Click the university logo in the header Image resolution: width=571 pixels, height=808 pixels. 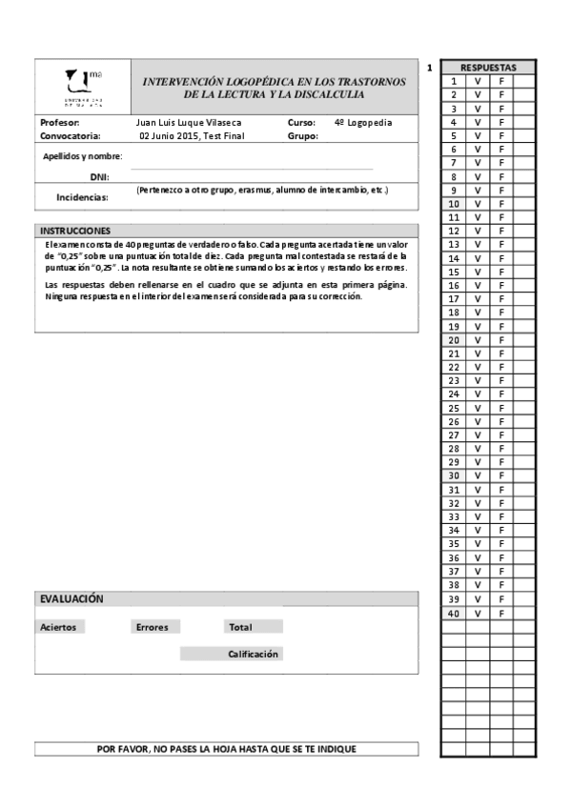(x=84, y=87)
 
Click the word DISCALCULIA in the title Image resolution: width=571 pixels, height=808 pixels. (x=333, y=95)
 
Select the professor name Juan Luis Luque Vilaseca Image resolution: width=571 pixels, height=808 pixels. (x=189, y=123)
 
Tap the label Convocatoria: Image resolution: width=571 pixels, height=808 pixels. (x=71, y=136)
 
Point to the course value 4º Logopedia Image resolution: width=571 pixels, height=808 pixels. (x=363, y=123)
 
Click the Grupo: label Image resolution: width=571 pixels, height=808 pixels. (x=303, y=136)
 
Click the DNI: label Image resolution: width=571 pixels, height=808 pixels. (x=99, y=177)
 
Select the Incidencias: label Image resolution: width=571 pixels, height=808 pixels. (x=82, y=197)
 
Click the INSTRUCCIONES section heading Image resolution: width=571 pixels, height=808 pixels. (x=75, y=232)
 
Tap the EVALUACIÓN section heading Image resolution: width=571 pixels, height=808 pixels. (x=71, y=598)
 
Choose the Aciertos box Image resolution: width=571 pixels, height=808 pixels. (x=58, y=627)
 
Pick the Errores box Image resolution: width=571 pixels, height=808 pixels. (x=153, y=627)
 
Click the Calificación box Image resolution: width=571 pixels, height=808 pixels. (x=253, y=654)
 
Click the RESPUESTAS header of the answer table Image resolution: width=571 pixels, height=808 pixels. (x=488, y=68)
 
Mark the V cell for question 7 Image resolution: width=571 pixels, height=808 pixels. (x=478, y=163)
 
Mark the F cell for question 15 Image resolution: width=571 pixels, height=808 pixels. (x=501, y=272)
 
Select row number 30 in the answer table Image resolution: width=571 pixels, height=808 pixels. (x=454, y=475)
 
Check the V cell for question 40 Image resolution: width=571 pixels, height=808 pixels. (x=478, y=614)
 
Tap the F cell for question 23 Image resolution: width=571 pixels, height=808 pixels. (x=501, y=380)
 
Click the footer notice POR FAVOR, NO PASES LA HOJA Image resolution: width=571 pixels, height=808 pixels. (x=227, y=749)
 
